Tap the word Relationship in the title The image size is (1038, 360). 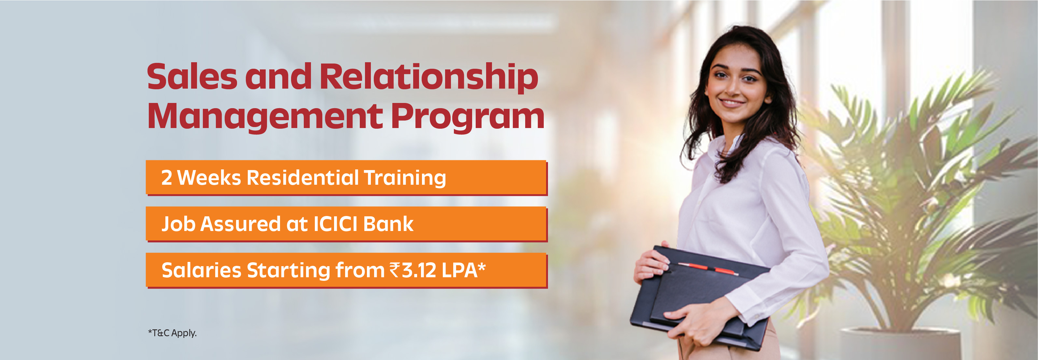[x=429, y=78]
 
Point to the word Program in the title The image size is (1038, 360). [x=468, y=117]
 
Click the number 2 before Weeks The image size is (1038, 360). [x=167, y=178]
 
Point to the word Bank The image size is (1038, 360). [x=388, y=224]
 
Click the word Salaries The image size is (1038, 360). [x=201, y=270]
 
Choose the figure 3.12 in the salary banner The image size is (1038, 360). [x=419, y=270]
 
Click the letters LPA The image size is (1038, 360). [x=459, y=270]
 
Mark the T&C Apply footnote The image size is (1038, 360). [x=173, y=333]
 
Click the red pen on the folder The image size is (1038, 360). [x=708, y=268]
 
